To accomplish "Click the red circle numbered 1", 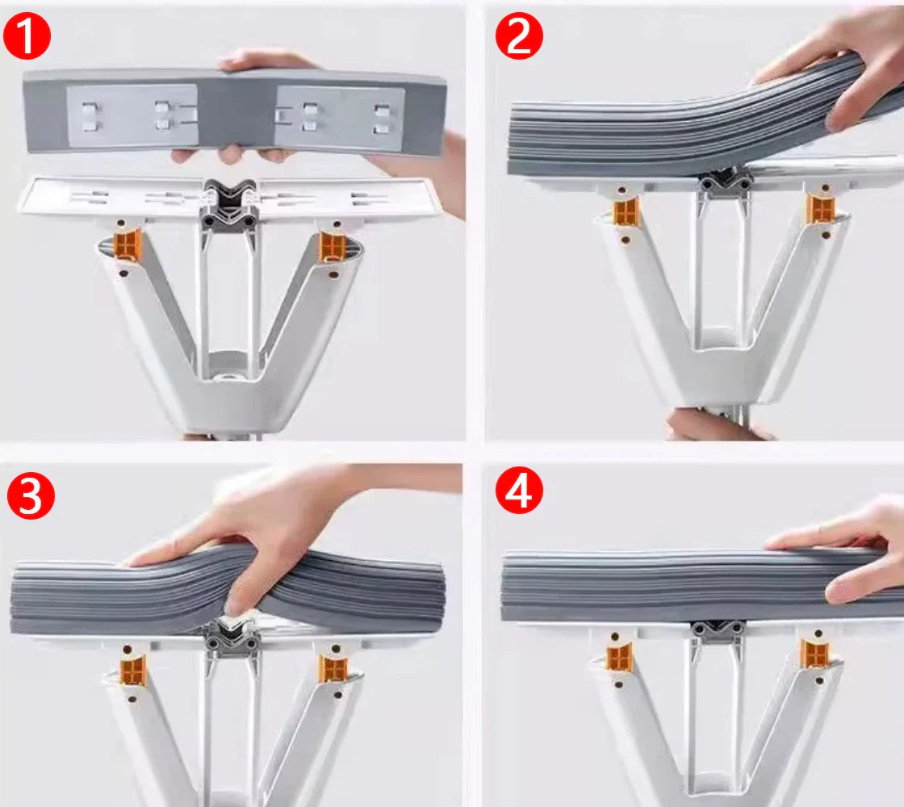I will tap(27, 37).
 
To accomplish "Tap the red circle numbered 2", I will tap(518, 37).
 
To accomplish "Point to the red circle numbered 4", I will tap(518, 491).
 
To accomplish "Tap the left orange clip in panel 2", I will tap(626, 211).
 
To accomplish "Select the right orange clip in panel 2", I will tap(820, 208).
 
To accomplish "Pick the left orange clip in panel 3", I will tap(133, 670).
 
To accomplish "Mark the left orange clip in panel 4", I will tap(620, 657).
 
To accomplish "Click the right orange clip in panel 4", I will tap(814, 652).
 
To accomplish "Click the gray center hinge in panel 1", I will tap(229, 206).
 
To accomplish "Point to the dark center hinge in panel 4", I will tap(716, 631).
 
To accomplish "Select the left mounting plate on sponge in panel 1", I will tap(132, 115).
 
